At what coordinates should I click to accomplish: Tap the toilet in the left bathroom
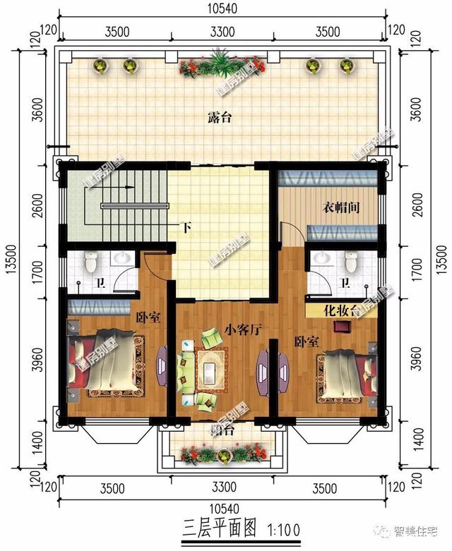point(90,263)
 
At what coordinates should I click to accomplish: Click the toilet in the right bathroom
point(351,263)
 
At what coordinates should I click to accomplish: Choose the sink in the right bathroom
point(322,258)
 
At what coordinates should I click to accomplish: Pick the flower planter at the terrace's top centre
point(222,66)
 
